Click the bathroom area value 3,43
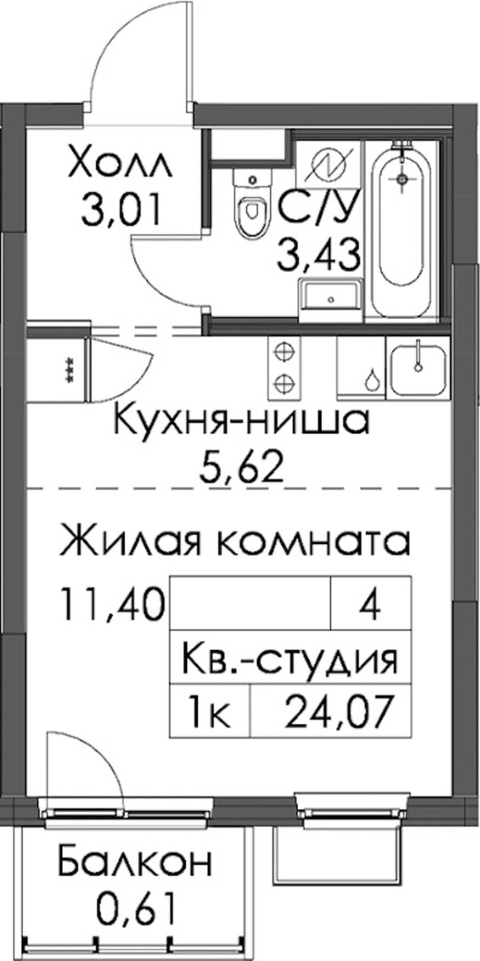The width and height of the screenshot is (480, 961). [318, 254]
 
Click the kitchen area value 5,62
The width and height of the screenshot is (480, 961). [242, 468]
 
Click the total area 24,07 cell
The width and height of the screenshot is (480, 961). [331, 710]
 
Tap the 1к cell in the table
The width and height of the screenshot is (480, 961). [210, 710]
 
